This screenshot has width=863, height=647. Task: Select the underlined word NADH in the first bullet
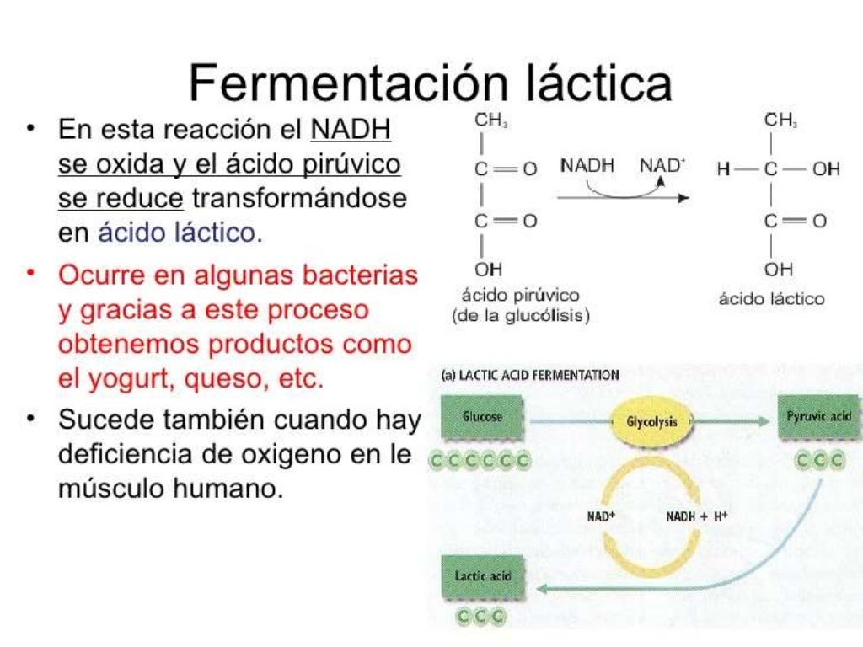point(351,131)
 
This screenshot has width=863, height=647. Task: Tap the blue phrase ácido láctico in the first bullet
point(180,233)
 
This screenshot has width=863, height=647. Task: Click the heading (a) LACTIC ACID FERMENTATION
point(530,375)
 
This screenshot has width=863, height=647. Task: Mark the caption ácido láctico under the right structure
point(771,298)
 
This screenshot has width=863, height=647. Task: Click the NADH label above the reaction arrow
point(587,165)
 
